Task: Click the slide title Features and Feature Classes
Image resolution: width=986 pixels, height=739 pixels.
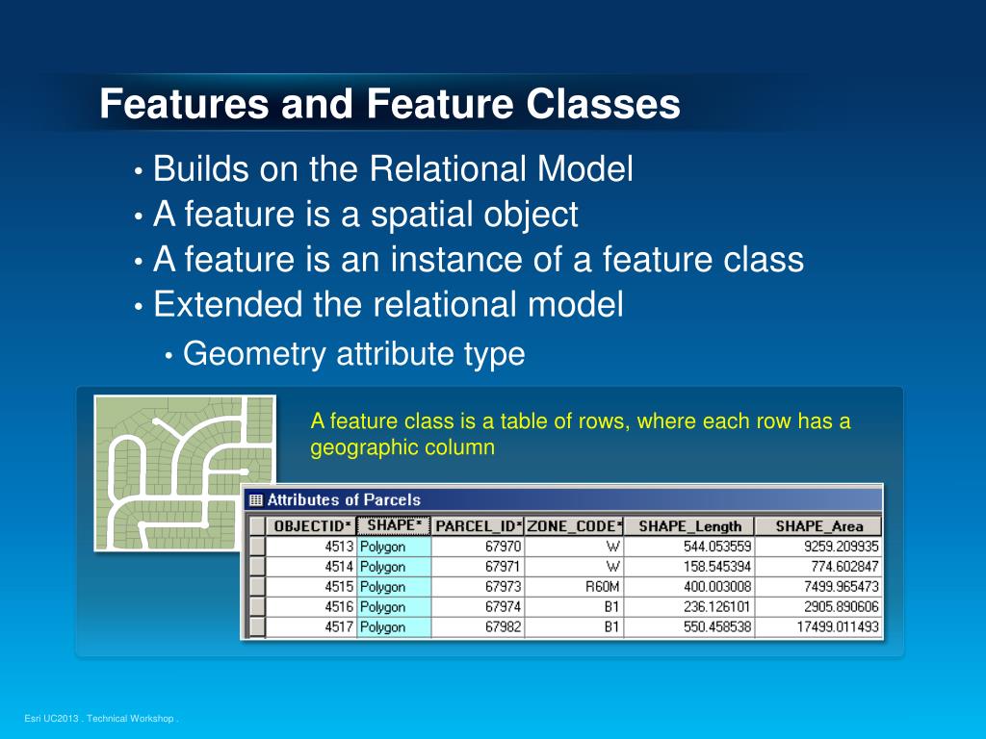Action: click(390, 104)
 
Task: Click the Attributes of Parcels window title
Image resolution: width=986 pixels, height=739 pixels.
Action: click(343, 499)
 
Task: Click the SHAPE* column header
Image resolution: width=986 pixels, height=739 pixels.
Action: click(393, 525)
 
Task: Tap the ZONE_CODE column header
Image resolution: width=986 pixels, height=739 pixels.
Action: click(574, 526)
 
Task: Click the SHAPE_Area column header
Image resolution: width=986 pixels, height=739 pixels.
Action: click(818, 526)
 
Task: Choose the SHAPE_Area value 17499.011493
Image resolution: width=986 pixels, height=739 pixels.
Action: click(823, 626)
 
